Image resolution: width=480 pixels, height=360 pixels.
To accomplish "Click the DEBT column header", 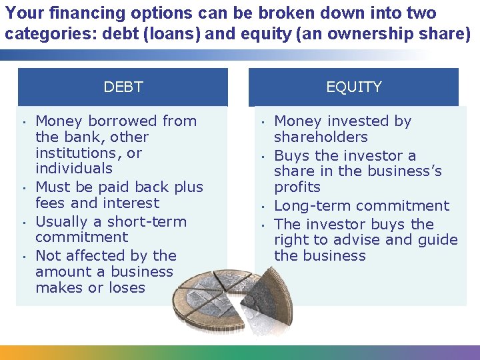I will pos(123,87).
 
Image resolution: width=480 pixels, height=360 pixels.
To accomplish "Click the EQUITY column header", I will pos(353,87).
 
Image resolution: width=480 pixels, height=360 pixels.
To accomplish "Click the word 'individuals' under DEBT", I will pos(74,169).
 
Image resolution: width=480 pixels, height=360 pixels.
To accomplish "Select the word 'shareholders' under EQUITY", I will pos(321,137).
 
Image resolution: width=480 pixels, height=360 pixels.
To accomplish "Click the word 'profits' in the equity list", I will pos(297,187).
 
